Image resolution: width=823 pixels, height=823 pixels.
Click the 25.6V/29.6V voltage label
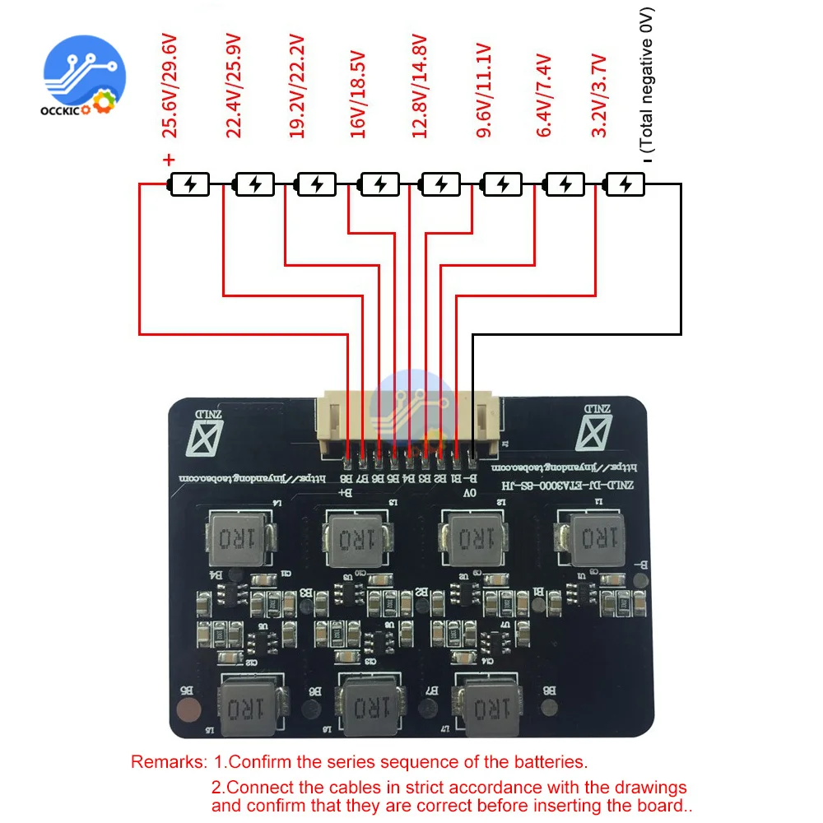[x=169, y=87]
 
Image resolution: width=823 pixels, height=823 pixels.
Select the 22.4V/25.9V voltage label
[x=233, y=87]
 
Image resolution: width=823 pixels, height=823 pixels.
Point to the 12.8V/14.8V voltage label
[x=420, y=87]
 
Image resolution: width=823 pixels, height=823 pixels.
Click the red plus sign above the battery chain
[x=169, y=160]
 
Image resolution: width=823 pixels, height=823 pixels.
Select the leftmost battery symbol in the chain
[x=189, y=184]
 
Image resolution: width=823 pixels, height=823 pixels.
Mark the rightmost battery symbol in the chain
[x=625, y=184]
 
